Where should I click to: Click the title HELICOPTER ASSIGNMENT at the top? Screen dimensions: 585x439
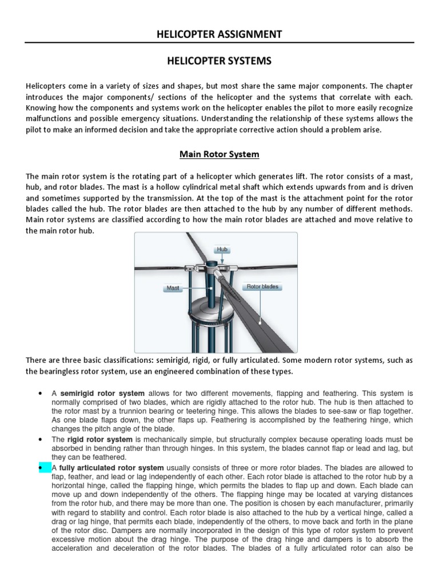(x=219, y=34)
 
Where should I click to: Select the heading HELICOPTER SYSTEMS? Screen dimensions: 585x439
(x=219, y=61)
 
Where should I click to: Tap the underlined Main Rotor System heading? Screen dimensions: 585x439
(x=219, y=154)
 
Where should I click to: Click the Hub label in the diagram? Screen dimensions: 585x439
(x=222, y=250)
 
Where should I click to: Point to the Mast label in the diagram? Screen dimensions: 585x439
(x=173, y=289)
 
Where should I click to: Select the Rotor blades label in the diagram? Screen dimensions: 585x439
(x=262, y=286)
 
